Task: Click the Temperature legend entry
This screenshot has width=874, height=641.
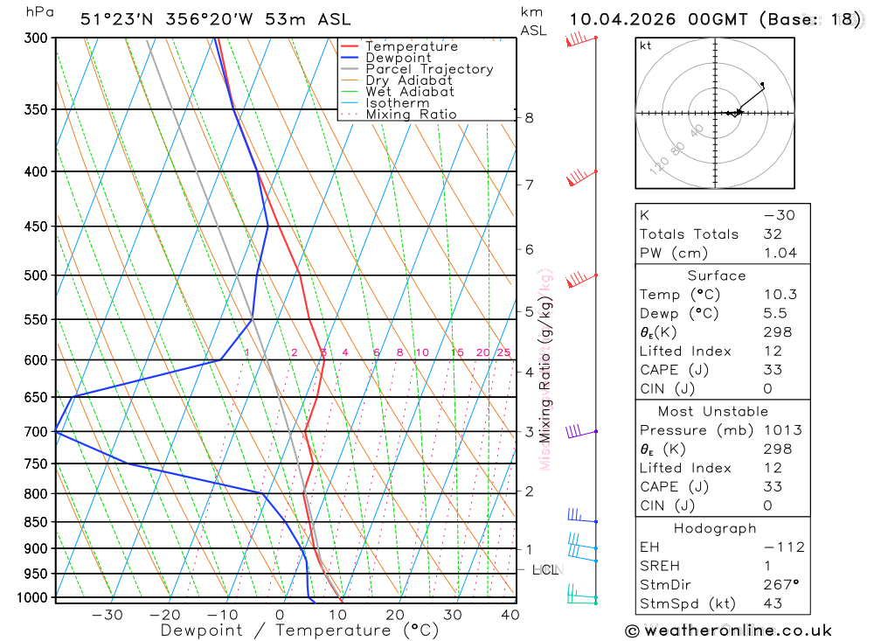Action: [x=411, y=46]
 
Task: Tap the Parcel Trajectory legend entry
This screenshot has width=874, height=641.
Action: [x=429, y=69]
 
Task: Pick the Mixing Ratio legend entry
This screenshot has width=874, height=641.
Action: [x=411, y=115]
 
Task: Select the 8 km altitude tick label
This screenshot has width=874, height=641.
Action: [x=529, y=118]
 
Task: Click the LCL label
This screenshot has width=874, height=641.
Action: [x=545, y=570]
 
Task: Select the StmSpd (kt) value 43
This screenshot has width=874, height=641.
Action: [x=772, y=603]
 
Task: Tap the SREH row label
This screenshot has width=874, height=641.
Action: [x=659, y=566]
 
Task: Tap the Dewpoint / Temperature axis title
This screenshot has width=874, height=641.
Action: [x=299, y=631]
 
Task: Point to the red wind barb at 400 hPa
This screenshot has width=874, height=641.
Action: [x=579, y=178]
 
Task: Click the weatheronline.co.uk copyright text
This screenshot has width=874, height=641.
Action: [x=728, y=631]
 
